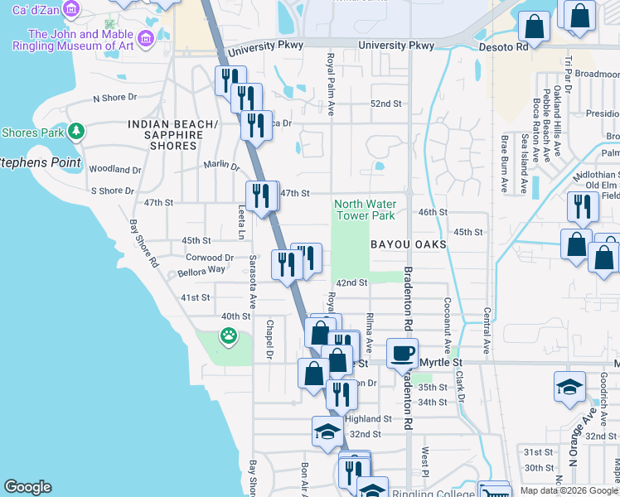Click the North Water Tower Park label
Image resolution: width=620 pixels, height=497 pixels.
[365, 210]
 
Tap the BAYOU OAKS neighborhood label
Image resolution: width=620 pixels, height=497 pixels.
[409, 244]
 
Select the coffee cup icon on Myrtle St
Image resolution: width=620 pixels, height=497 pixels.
[403, 353]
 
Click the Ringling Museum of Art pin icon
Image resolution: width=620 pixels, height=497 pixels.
[147, 38]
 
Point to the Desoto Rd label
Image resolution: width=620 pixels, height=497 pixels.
[504, 47]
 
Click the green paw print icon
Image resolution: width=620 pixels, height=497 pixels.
[227, 335]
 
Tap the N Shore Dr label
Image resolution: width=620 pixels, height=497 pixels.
[120, 98]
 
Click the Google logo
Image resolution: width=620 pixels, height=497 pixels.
[27, 487]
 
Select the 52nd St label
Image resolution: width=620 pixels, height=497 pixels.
[385, 104]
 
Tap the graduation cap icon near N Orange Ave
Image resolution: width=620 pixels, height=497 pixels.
[569, 386]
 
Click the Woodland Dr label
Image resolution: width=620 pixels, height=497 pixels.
[115, 169]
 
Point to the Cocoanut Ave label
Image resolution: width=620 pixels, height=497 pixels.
[447, 326]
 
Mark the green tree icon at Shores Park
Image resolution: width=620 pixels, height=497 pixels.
[76, 131]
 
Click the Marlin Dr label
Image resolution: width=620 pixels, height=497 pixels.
[221, 164]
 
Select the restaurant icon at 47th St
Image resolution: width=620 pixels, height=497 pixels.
[261, 196]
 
